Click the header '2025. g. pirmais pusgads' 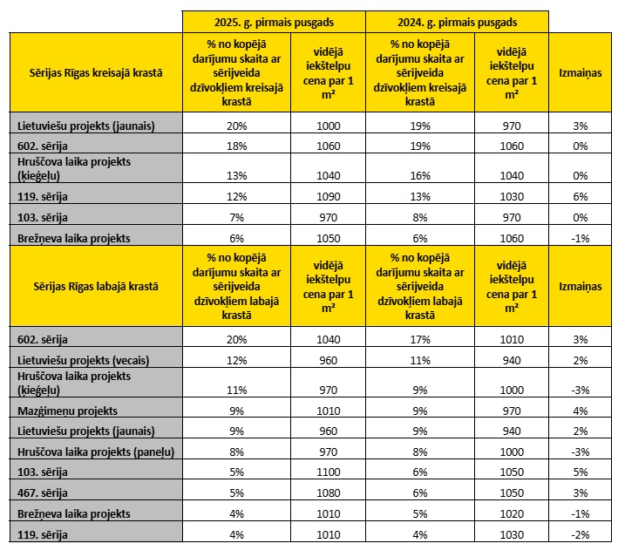tap(274, 23)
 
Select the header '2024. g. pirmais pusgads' tap(457, 23)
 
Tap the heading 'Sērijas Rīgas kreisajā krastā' tap(96, 73)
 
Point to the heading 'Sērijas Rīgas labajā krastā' tap(96, 287)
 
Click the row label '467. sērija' tap(43, 492)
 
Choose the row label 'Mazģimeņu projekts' tap(67, 411)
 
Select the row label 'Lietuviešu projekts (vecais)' tap(84, 360)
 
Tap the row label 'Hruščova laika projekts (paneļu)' tap(96, 452)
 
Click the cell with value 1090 tap(329, 197)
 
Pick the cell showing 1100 tap(329, 472)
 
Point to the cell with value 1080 tap(329, 492)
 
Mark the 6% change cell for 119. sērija tap(581, 197)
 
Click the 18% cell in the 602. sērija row tap(237, 146)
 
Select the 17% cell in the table tap(420, 340)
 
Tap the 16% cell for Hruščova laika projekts tap(420, 176)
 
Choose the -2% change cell tap(581, 534)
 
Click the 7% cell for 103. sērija tap(237, 218)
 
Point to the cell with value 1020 tap(512, 514)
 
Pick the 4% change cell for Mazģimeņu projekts tap(581, 411)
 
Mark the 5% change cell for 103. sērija tap(581, 472)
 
